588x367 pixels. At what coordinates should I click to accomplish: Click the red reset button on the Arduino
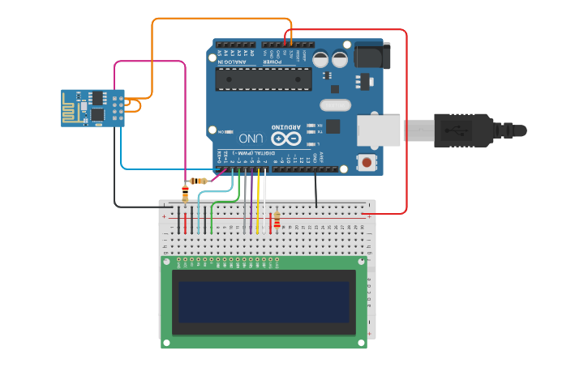click(x=367, y=162)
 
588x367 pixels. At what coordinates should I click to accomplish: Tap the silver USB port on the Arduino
click(x=379, y=130)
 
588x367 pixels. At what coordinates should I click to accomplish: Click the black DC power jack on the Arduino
click(x=372, y=55)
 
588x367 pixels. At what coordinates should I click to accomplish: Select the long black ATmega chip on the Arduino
click(x=263, y=79)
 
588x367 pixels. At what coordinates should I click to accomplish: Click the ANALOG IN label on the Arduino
click(x=235, y=61)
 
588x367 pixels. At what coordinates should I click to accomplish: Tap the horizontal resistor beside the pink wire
click(x=198, y=181)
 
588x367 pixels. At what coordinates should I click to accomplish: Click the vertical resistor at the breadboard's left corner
click(x=185, y=194)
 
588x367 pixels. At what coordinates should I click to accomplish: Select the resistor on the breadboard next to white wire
click(x=277, y=220)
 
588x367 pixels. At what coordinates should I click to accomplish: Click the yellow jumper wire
click(x=258, y=203)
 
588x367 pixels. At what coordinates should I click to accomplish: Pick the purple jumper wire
click(x=251, y=203)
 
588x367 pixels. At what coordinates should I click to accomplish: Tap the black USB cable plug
click(x=463, y=130)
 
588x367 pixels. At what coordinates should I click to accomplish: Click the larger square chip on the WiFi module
click(x=97, y=115)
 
